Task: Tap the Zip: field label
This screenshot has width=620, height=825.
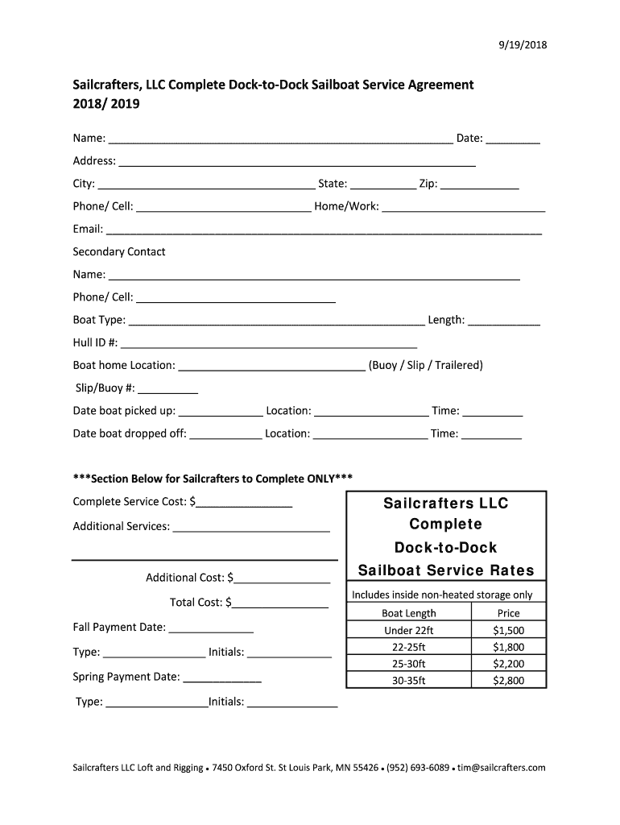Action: tap(428, 184)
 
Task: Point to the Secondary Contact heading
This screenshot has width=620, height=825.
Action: tap(119, 251)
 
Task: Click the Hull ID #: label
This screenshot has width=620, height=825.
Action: tap(96, 342)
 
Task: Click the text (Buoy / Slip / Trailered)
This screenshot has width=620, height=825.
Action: tap(425, 365)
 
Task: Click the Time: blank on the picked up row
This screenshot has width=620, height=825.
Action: tap(493, 412)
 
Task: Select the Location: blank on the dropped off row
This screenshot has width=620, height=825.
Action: tap(370, 435)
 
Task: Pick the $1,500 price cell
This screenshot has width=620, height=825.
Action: tap(508, 630)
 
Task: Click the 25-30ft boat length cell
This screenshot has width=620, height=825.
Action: tap(408, 664)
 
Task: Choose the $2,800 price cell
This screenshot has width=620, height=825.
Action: tap(508, 681)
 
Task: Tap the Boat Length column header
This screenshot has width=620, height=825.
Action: tap(408, 613)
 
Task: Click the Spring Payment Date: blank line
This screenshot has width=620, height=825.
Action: tap(222, 678)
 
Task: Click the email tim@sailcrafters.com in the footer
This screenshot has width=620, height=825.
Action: tap(502, 768)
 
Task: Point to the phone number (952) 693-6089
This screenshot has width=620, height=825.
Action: tap(417, 768)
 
